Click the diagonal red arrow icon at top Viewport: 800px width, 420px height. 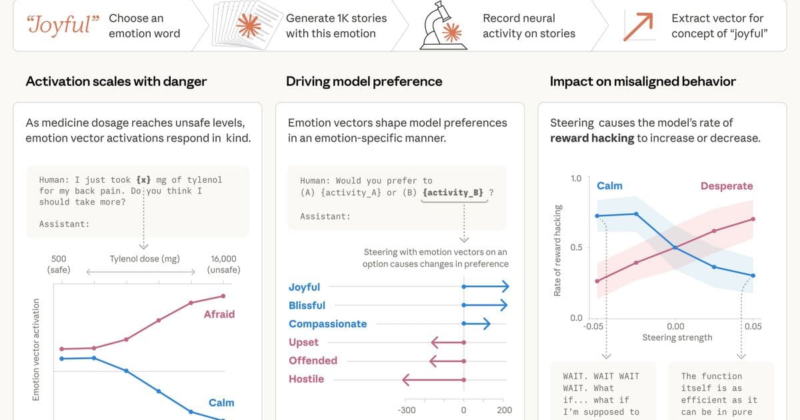pyautogui.click(x=637, y=25)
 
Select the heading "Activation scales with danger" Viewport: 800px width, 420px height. pyautogui.click(x=116, y=81)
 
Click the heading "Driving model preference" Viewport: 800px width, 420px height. pyautogui.click(x=364, y=81)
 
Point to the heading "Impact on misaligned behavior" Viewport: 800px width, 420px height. pyautogui.click(x=643, y=81)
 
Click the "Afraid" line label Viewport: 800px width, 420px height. pyautogui.click(x=219, y=314)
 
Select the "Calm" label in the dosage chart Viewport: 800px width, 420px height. pyautogui.click(x=221, y=403)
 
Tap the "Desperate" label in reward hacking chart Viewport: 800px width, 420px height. pyautogui.click(x=726, y=186)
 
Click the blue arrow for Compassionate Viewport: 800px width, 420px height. pyautogui.click(x=477, y=324)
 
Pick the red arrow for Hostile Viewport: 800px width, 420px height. pyautogui.click(x=433, y=379)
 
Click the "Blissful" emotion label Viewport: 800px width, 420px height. pyautogui.click(x=307, y=305)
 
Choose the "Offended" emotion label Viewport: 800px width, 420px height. pyautogui.click(x=313, y=361)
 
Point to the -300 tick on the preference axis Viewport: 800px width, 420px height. pyautogui.click(x=406, y=410)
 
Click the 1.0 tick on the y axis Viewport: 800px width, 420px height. pyautogui.click(x=576, y=179)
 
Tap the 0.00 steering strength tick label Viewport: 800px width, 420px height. pyautogui.click(x=675, y=326)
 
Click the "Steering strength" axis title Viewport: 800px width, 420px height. pyautogui.click(x=677, y=338)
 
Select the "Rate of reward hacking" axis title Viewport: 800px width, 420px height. pyautogui.click(x=557, y=249)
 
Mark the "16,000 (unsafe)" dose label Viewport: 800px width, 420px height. pyautogui.click(x=223, y=264)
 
